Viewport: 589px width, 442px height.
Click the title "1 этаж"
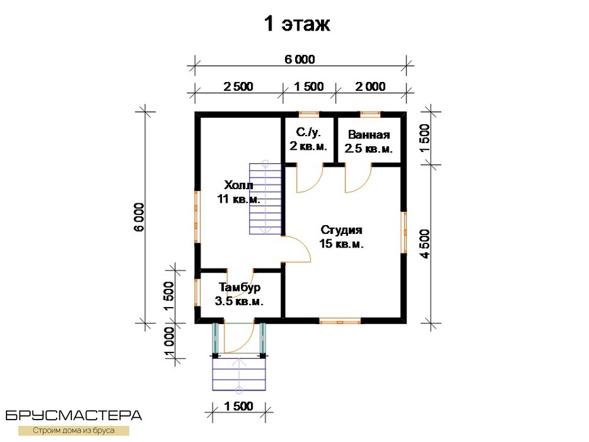click(297, 24)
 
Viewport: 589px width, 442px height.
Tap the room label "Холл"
click(239, 185)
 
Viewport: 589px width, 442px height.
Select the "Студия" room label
click(342, 230)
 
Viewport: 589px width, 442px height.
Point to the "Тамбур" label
click(240, 288)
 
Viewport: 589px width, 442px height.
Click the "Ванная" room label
click(369, 134)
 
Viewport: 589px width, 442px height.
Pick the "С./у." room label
click(309, 132)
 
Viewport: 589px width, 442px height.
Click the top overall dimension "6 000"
click(300, 60)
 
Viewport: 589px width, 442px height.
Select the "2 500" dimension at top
click(239, 87)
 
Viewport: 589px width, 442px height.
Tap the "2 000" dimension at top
click(370, 87)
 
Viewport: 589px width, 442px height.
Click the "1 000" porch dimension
click(170, 342)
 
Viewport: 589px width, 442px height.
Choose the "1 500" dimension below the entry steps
click(239, 406)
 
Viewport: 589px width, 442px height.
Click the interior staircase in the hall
click(265, 199)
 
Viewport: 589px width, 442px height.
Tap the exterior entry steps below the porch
click(239, 374)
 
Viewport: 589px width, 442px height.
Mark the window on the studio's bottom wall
click(340, 321)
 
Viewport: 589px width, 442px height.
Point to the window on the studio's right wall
click(404, 232)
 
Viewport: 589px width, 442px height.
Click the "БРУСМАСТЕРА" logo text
click(74, 415)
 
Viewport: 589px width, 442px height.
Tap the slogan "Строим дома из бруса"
click(74, 430)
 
